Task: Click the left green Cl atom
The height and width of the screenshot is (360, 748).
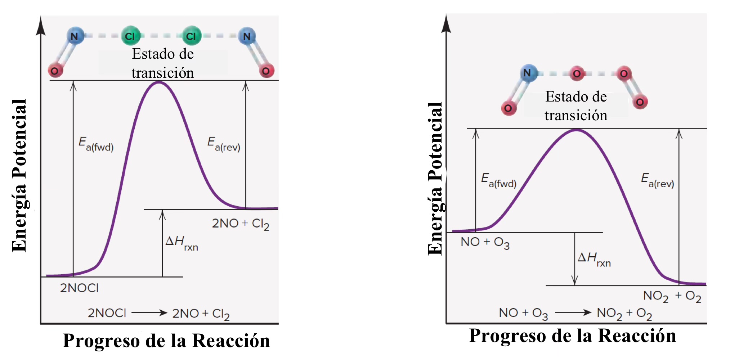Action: [x=130, y=36]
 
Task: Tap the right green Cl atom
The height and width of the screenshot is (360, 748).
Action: [x=191, y=36]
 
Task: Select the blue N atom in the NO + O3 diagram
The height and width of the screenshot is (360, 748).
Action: [x=528, y=73]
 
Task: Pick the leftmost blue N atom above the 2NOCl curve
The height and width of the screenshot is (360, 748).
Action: [x=75, y=36]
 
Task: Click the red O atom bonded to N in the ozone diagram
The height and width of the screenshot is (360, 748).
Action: [x=509, y=108]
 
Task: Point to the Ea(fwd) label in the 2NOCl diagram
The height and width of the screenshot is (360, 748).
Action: [x=96, y=144]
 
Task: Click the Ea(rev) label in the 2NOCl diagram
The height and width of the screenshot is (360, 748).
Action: [x=224, y=144]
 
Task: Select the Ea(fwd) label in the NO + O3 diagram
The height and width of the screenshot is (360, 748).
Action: [x=499, y=181]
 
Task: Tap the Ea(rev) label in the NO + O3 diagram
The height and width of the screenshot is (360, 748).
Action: [x=657, y=181]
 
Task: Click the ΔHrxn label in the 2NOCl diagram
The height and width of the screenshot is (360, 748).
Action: [x=182, y=243]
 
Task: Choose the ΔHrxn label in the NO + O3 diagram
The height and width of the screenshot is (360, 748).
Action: [x=594, y=259]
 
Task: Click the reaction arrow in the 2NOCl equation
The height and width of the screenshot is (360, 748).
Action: [x=149, y=313]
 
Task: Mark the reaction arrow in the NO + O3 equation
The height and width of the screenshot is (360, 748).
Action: [x=573, y=312]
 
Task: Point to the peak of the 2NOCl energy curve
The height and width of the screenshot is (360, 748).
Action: [x=159, y=82]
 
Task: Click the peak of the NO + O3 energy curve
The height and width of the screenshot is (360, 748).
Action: [x=576, y=130]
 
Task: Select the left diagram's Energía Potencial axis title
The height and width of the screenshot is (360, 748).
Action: [x=19, y=176]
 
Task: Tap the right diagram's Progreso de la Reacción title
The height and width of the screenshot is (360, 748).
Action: [x=573, y=336]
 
